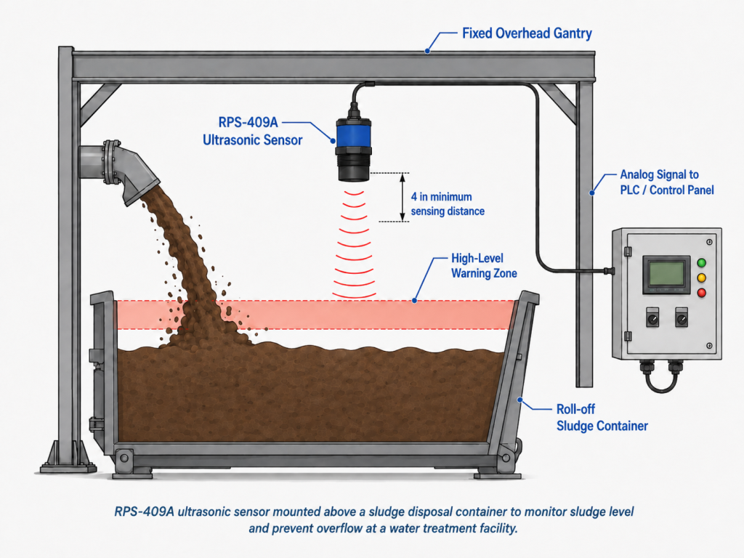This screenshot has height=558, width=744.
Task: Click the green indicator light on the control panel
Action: click(x=701, y=263)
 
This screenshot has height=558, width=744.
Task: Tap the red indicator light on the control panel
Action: click(x=701, y=293)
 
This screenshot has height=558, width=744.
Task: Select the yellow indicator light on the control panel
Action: click(x=701, y=278)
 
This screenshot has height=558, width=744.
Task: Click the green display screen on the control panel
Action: click(x=666, y=273)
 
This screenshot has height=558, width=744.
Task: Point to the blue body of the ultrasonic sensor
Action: click(x=353, y=133)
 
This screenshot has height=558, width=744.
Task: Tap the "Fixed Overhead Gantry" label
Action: click(x=527, y=33)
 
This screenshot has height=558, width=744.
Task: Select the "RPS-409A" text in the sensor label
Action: click(x=248, y=122)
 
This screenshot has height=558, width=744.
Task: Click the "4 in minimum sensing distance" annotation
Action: click(x=448, y=204)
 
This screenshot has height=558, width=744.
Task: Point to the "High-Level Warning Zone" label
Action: click(x=483, y=266)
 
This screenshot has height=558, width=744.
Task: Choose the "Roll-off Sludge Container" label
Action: click(x=602, y=418)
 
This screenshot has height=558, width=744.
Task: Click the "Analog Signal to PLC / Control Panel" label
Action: click(x=667, y=182)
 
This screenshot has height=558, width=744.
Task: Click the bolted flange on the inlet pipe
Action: click(x=111, y=162)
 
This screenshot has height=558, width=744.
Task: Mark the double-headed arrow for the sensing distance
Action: click(x=403, y=197)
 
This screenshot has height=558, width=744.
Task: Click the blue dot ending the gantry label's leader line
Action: click(x=427, y=51)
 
